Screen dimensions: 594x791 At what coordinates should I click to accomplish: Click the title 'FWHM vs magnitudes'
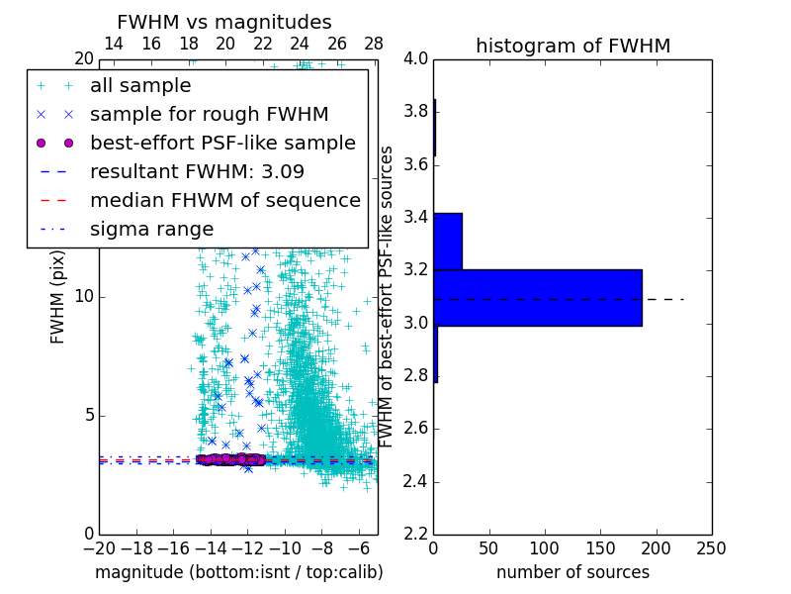pyautogui.click(x=224, y=23)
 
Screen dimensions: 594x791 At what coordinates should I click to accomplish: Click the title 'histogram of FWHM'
pyautogui.click(x=572, y=46)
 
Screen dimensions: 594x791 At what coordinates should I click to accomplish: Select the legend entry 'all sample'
pyautogui.click(x=140, y=86)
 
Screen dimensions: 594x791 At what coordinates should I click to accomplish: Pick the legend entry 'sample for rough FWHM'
pyautogui.click(x=209, y=115)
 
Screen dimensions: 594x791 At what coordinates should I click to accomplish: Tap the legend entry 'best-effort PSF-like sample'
pyautogui.click(x=222, y=144)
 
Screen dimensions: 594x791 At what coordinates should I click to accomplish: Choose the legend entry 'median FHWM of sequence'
pyautogui.click(x=224, y=200)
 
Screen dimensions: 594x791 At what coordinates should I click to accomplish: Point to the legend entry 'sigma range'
pyautogui.click(x=151, y=229)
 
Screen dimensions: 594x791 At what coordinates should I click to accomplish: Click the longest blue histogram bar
pyautogui.click(x=538, y=297)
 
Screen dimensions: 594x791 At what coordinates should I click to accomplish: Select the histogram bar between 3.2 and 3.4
pyautogui.click(x=448, y=241)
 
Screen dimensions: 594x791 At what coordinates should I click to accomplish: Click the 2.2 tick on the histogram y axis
pyautogui.click(x=415, y=535)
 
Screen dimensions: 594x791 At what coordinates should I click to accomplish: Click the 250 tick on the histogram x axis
pyautogui.click(x=712, y=548)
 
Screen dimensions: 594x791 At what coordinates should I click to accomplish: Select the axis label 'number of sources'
pyautogui.click(x=572, y=572)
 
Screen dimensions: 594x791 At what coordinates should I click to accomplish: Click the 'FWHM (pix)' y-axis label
pyautogui.click(x=58, y=294)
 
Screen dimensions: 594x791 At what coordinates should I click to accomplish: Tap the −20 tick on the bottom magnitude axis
pyautogui.click(x=99, y=548)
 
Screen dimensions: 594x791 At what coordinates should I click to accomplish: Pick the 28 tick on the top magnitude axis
pyautogui.click(x=374, y=44)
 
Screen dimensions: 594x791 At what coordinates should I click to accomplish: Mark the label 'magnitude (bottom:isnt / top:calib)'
pyautogui.click(x=238, y=572)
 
